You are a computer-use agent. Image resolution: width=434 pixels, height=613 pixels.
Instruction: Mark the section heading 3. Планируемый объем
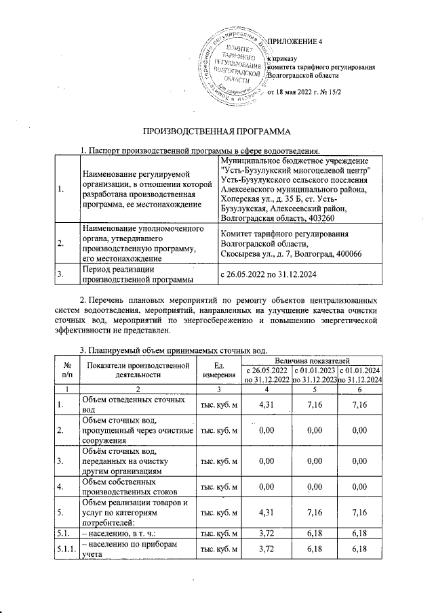(x=175, y=350)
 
